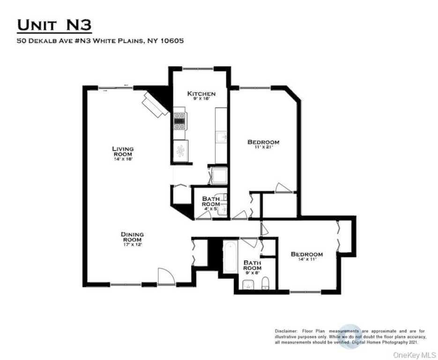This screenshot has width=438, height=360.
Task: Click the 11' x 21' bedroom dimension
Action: coord(263,148)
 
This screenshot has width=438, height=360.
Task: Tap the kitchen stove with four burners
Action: coord(180,120)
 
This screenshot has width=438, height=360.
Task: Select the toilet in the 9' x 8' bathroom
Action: coord(265,283)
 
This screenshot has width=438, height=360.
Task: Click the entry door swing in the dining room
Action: coord(165,276)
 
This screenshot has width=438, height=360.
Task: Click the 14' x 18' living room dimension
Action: coord(123,159)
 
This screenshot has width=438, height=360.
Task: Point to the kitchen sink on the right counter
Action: coord(221,138)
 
